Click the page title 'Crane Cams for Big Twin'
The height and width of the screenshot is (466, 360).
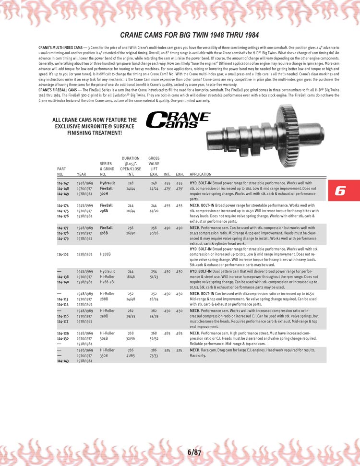click(190, 35)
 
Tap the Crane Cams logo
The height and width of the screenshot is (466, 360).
click(178, 120)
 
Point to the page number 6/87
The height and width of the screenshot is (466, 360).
click(194, 453)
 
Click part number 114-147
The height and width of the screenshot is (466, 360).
click(63, 183)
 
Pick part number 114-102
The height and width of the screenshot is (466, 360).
click(63, 254)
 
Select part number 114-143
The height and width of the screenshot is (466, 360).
click(63, 361)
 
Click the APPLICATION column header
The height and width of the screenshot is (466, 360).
click(201, 174)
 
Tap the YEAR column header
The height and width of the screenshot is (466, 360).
click(82, 174)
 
